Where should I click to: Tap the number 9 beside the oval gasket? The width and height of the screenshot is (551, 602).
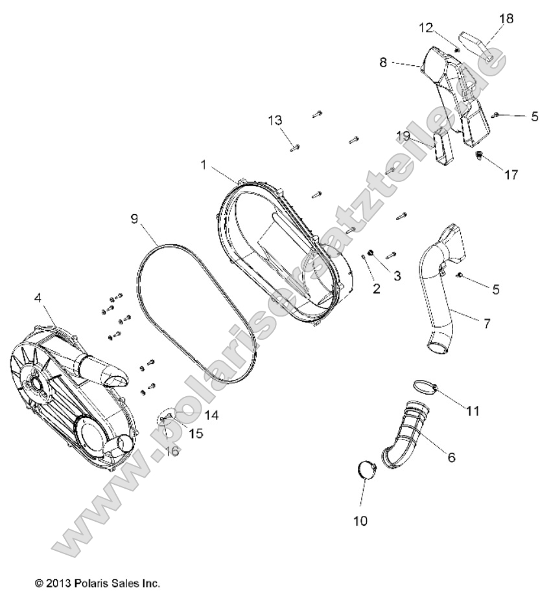pos(134,219)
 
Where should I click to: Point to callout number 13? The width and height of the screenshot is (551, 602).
pos(275,120)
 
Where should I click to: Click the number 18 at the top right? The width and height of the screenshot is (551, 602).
pos(506,19)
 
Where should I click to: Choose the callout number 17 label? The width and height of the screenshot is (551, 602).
pos(511,175)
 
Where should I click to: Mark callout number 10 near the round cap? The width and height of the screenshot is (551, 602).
pos(360,520)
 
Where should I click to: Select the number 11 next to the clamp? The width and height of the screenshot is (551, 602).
pos(473,410)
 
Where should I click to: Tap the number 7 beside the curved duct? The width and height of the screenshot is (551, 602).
pos(487,324)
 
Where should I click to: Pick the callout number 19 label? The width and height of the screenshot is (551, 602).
pos(403,135)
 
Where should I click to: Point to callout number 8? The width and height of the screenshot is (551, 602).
pos(383,63)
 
